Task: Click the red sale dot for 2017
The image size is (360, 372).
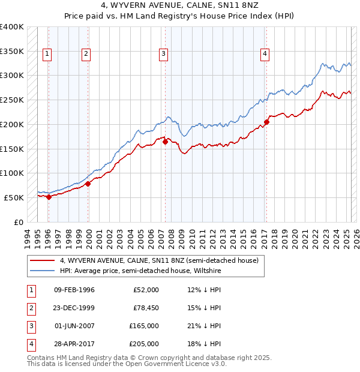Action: [x=266, y=122]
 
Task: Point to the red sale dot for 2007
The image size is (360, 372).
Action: [x=165, y=142]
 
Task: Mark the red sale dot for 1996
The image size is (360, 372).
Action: [x=49, y=197]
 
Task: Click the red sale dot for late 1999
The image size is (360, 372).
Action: [x=88, y=184]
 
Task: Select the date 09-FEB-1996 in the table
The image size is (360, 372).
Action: [x=74, y=290]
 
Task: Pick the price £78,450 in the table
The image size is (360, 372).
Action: [x=144, y=308]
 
